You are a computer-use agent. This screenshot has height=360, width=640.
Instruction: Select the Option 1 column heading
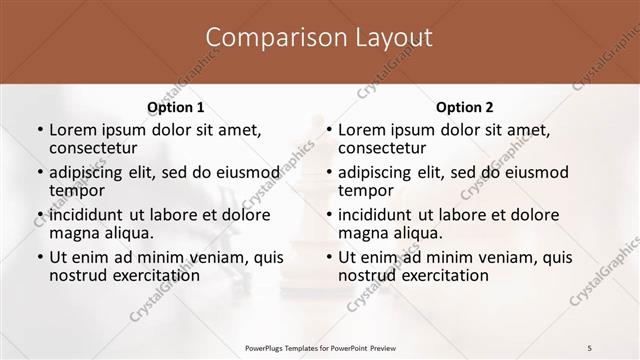[x=175, y=107]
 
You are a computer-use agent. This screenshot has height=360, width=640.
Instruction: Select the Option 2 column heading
[x=464, y=107]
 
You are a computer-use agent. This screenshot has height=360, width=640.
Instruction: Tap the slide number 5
[x=590, y=347]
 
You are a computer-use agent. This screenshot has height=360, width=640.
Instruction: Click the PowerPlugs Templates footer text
[x=319, y=347]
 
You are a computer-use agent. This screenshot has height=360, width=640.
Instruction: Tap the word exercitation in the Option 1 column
[x=144, y=275]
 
